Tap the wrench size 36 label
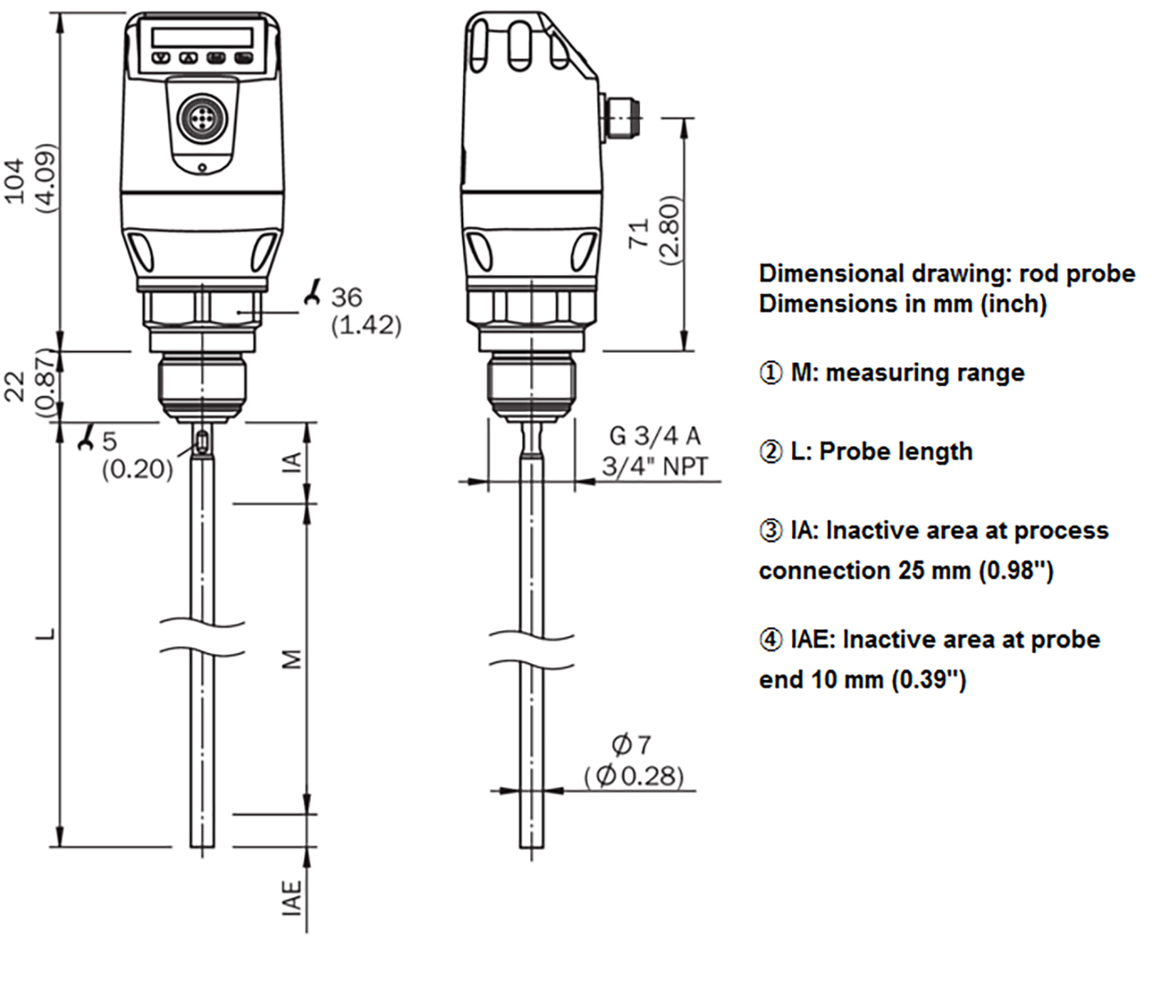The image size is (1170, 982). (346, 297)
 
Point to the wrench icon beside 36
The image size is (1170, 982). (312, 292)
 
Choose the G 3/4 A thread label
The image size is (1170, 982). (655, 436)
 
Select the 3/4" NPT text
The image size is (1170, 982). (655, 466)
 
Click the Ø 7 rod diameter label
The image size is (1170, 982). (631, 745)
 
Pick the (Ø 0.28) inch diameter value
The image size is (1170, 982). (634, 775)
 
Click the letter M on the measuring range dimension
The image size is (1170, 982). (292, 659)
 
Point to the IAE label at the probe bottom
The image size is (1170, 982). (292, 898)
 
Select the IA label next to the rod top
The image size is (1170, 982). (292, 462)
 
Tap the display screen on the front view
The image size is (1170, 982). (202, 36)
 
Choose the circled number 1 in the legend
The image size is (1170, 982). (771, 373)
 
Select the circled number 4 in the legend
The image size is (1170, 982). (771, 640)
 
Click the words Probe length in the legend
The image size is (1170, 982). (896, 452)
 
